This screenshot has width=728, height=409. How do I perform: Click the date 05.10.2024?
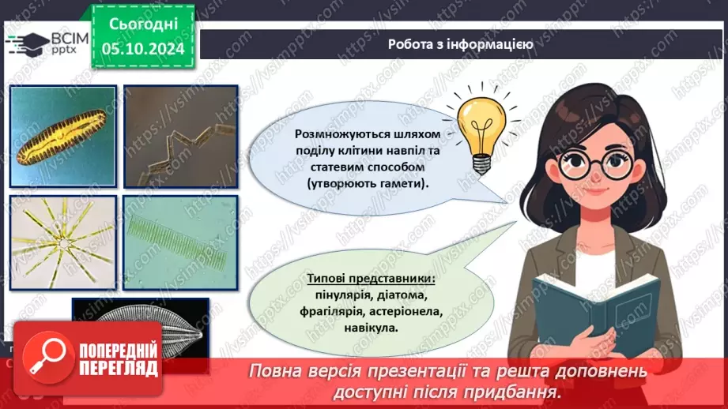coord(143,49)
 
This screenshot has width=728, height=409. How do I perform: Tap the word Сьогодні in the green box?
coord(143,24)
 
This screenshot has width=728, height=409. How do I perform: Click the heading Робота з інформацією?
coord(460,44)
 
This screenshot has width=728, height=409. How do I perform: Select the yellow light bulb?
coord(481,131)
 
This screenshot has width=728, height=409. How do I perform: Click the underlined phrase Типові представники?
coord(371,279)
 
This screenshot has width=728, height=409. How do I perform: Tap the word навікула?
coord(371,328)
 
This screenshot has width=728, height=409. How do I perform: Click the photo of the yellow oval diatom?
coord(63,137)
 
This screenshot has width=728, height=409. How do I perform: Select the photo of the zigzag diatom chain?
coord(180,137)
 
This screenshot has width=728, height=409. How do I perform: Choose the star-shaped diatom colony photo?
coord(63,242)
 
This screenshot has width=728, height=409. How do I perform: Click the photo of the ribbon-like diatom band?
coord(180,242)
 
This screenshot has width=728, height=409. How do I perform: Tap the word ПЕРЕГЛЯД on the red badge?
coord(119,369)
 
